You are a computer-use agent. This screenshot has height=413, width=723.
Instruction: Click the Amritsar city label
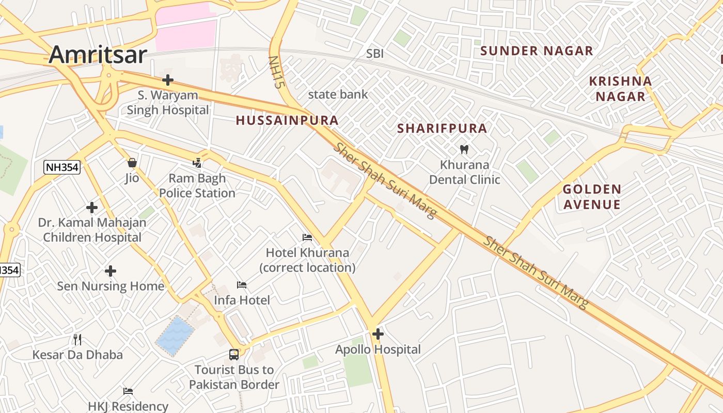tap(98, 54)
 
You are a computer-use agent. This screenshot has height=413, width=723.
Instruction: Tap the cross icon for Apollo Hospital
tap(378, 334)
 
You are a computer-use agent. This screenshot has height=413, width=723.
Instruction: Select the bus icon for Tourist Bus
tap(234, 355)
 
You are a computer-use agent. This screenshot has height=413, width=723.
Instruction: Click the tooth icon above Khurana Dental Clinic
tap(464, 150)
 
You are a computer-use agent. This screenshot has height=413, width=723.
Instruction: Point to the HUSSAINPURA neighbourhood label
tap(287, 120)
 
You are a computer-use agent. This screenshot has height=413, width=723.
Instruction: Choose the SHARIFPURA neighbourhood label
tap(442, 129)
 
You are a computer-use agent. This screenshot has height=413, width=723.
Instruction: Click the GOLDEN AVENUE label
tap(592, 197)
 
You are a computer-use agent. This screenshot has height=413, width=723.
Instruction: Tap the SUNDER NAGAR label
tap(537, 51)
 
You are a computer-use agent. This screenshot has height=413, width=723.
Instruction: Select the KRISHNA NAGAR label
tap(620, 89)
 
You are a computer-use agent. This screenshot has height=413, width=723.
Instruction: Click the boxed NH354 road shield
tap(62, 167)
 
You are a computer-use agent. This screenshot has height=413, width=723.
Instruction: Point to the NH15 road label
tap(275, 72)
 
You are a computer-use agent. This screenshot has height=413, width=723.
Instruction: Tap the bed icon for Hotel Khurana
tap(307, 237)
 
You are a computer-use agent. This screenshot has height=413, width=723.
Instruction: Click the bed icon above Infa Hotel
tap(242, 285)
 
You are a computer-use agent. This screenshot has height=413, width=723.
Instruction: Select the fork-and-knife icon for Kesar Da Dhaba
tap(77, 339)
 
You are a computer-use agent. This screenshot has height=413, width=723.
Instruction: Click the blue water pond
tap(176, 336)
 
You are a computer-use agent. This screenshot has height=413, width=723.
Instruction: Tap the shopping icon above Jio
tap(132, 163)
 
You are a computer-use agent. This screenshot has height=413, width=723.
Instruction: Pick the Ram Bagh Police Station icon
tap(197, 163)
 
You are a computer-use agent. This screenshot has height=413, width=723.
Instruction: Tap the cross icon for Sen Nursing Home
tap(110, 271)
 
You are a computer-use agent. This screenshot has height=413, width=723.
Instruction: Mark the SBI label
tap(375, 54)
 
